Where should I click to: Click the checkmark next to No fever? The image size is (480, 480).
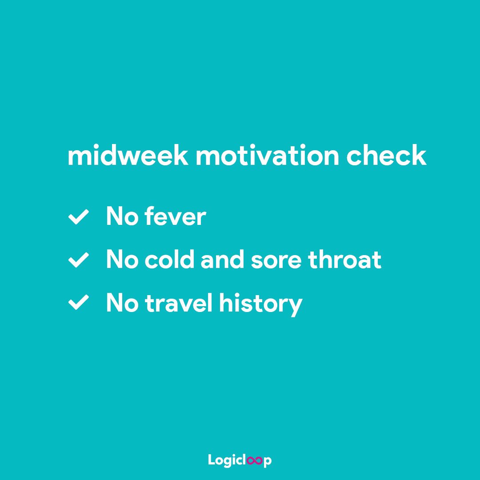point(78,217)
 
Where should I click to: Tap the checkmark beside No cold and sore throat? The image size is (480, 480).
point(78,260)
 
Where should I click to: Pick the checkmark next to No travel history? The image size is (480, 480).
point(78,304)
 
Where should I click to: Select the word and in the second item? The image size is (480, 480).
point(223,260)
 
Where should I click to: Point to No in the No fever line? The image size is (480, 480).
point(120,217)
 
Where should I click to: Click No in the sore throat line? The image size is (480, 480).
point(120,260)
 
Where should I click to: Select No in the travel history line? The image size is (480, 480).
point(120,303)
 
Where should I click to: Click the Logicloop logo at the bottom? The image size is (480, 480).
point(240,460)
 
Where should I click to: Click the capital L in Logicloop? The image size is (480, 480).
point(212,460)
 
